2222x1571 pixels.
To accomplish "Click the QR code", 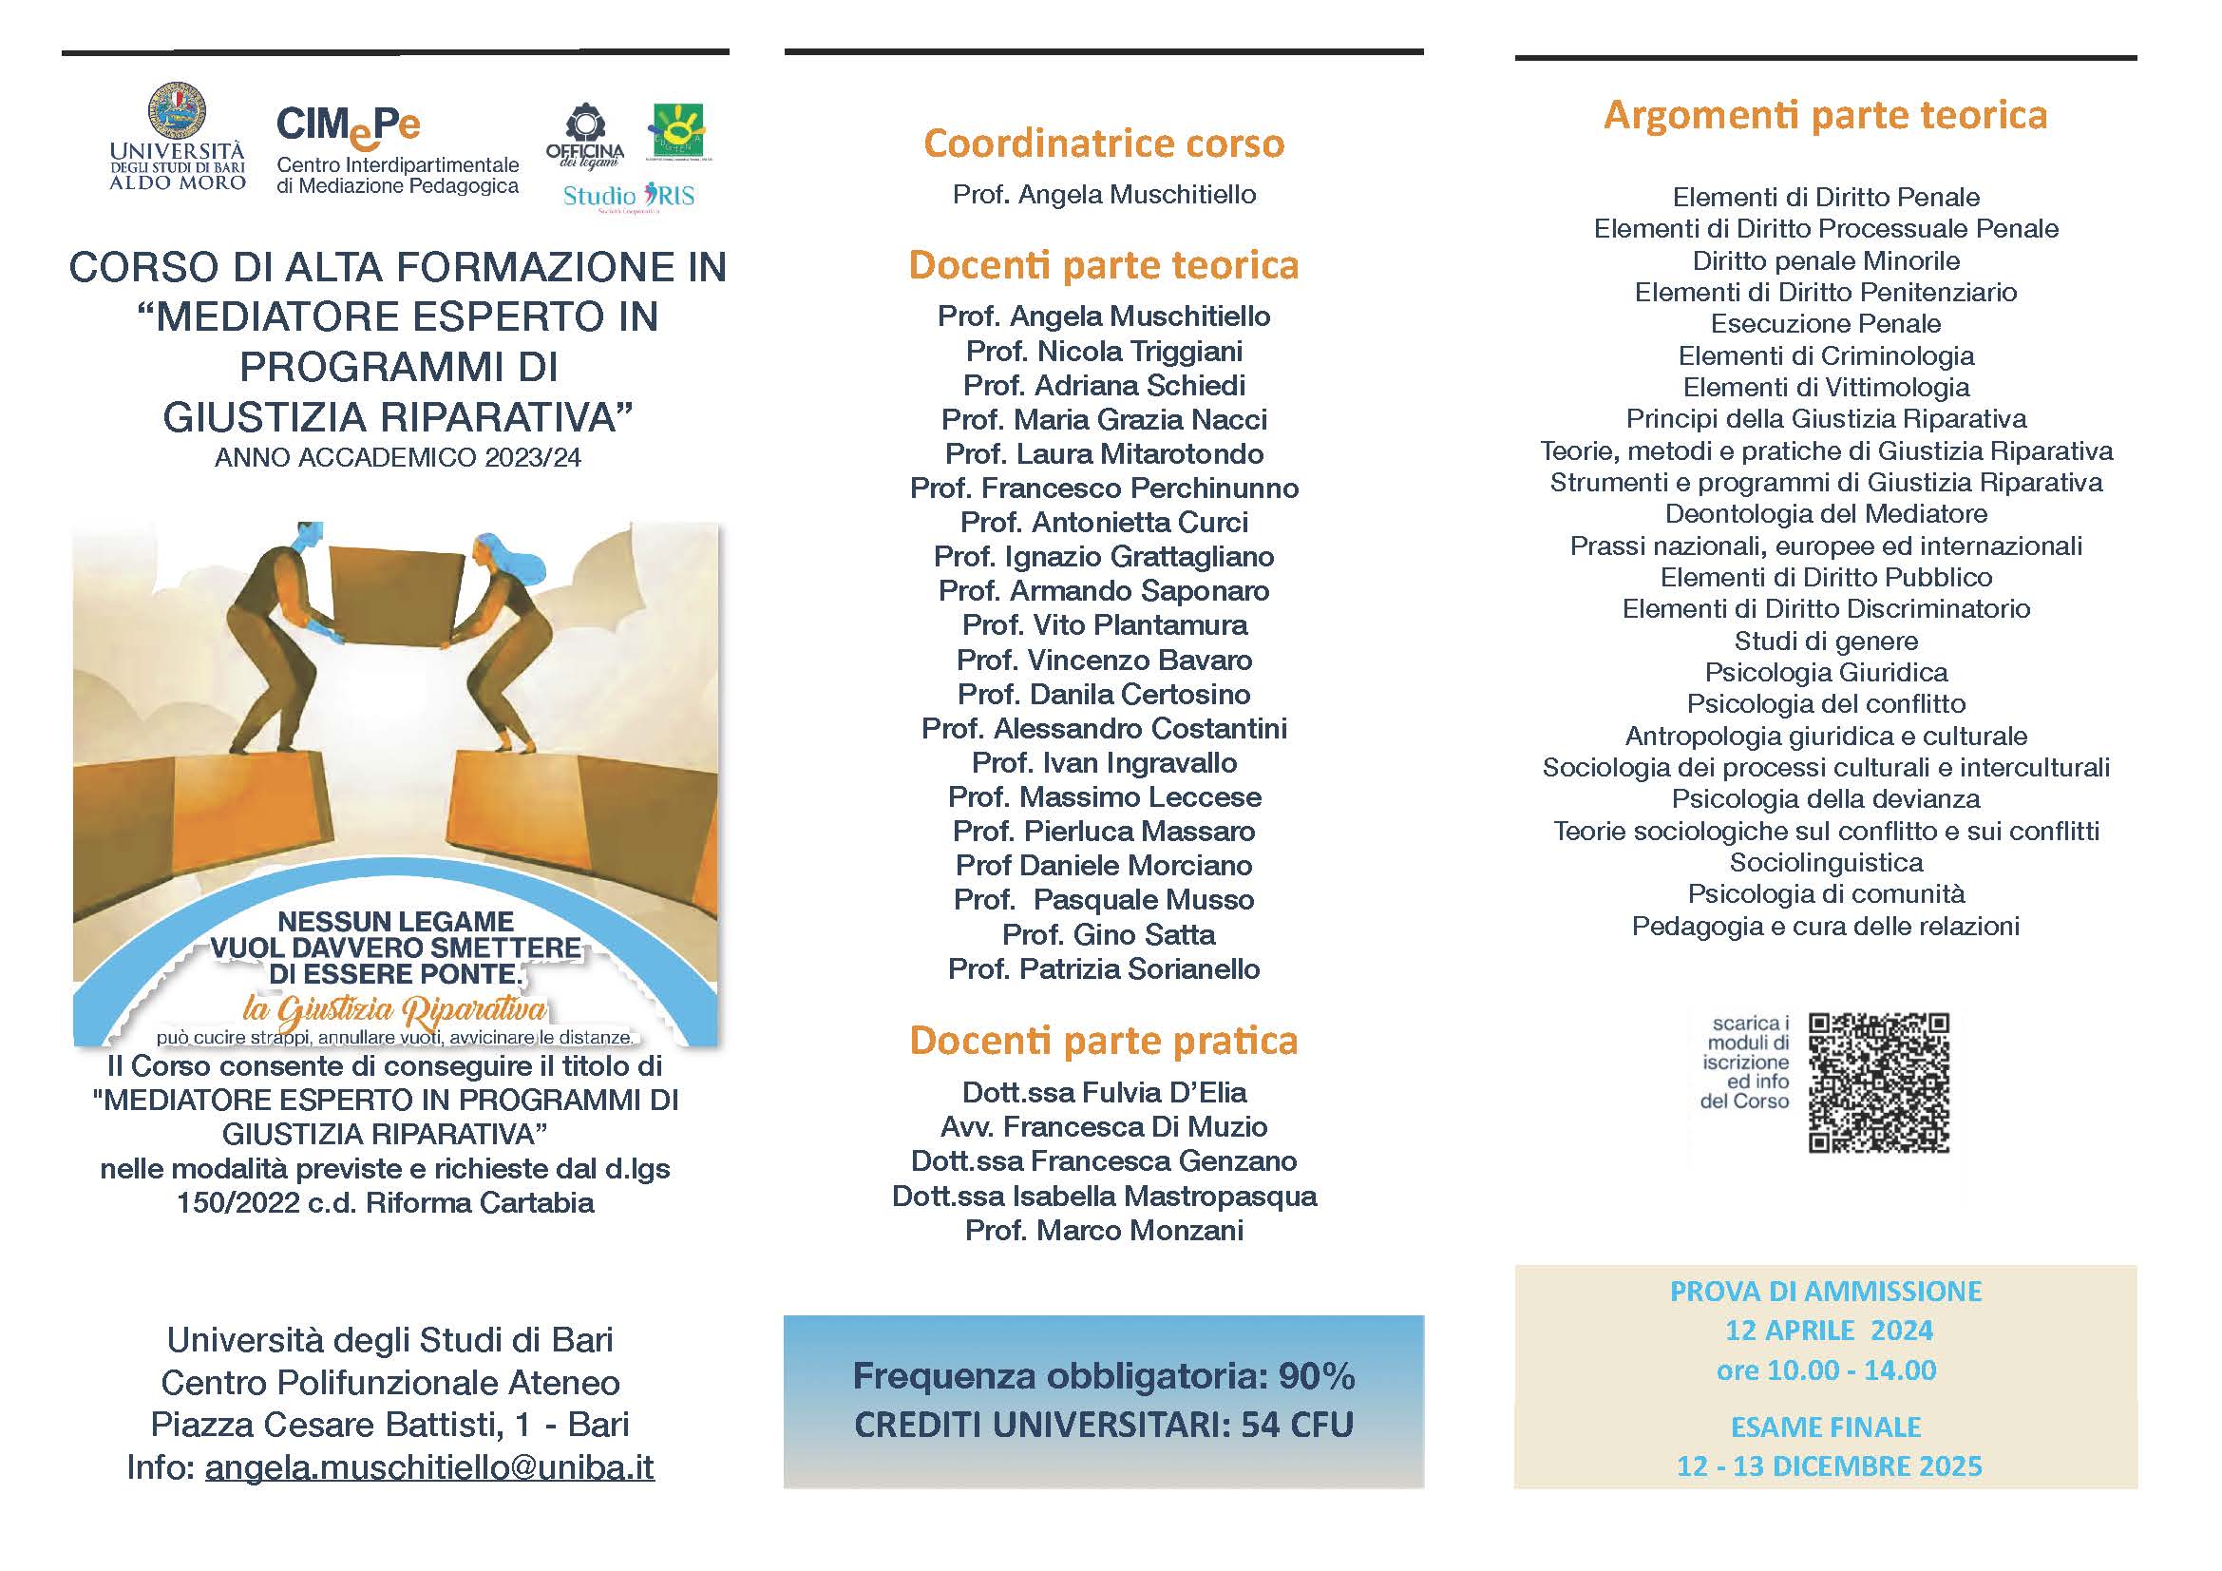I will [1877, 1082].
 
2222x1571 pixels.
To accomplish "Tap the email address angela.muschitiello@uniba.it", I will [429, 1467].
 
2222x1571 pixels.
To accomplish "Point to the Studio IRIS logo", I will [628, 197].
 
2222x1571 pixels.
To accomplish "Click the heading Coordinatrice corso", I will [1103, 144].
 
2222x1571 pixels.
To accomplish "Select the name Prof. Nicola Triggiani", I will [1103, 351].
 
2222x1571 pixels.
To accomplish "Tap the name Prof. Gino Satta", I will [1108, 934].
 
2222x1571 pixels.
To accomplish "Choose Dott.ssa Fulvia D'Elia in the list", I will [1103, 1092].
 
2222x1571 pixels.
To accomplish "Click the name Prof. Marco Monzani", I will [1103, 1230].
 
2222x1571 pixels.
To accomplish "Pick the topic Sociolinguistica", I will [1825, 862].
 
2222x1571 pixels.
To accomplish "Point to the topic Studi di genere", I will [1825, 641].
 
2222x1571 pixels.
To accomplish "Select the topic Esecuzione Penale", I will [1825, 323].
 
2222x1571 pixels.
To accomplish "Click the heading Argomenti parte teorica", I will [1825, 115].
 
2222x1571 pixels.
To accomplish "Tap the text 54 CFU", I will [1297, 1425].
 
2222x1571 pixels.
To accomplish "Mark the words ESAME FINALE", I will [1825, 1427].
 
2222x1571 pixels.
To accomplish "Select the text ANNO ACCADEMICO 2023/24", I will [398, 458].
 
